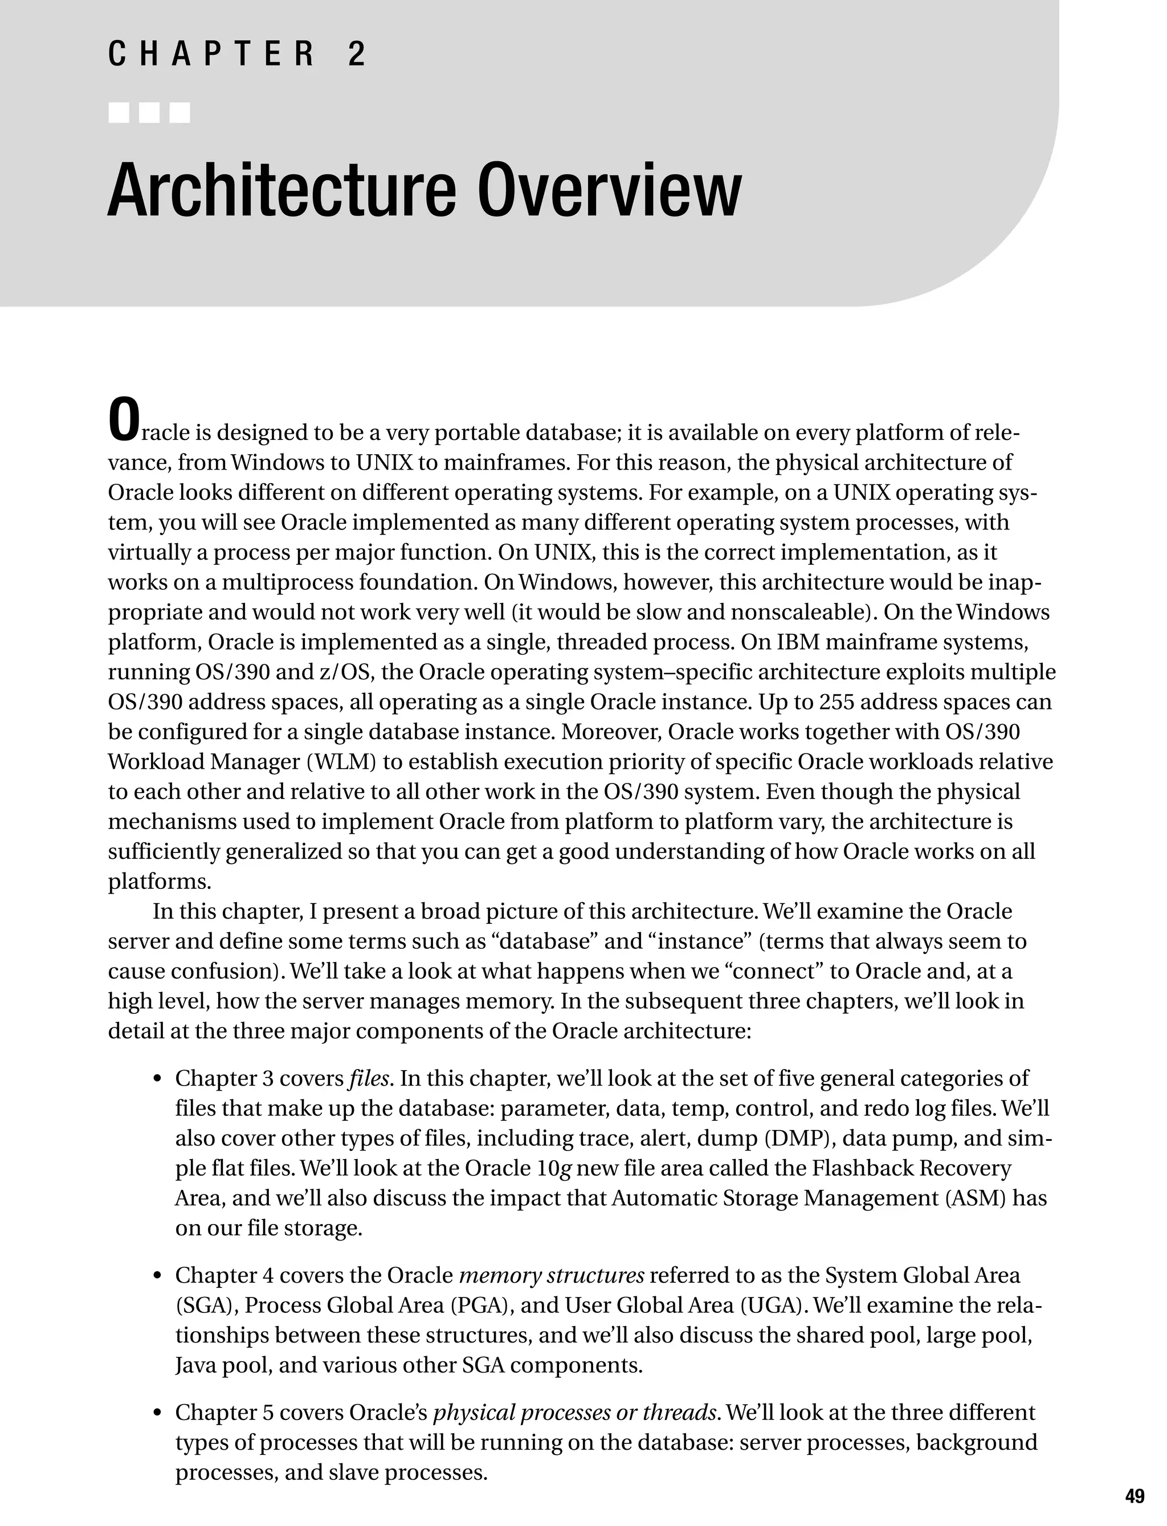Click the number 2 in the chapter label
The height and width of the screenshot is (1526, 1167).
pyautogui.click(x=356, y=54)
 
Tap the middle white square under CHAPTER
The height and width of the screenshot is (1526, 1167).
pyautogui.click(x=149, y=112)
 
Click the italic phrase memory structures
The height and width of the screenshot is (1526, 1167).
pyautogui.click(x=552, y=1275)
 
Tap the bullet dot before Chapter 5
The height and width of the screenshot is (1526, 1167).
pyautogui.click(x=158, y=1414)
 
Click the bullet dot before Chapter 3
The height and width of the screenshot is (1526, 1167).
pyautogui.click(x=158, y=1080)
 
